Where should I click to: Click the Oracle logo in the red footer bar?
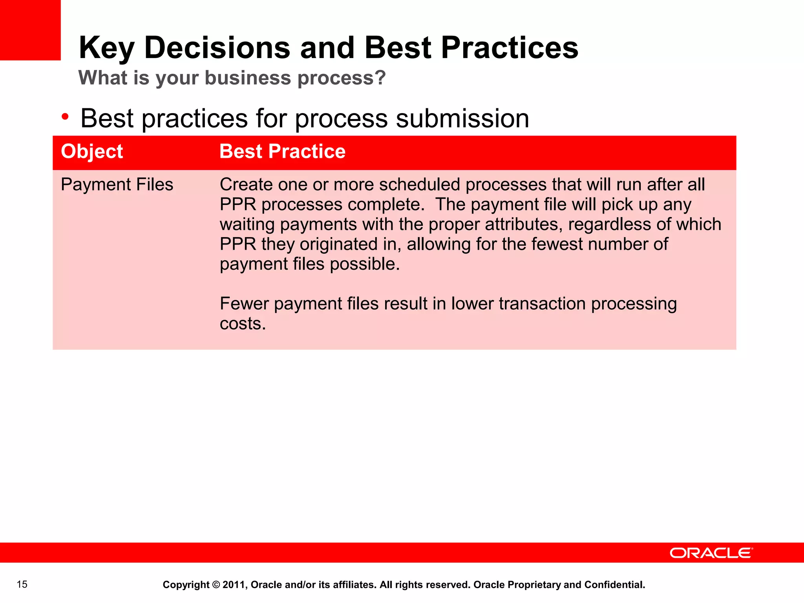coord(711,553)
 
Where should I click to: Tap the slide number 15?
coord(22,585)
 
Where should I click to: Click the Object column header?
coord(92,152)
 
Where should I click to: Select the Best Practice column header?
coord(282,152)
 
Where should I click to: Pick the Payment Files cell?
coord(117,185)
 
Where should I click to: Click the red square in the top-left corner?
coord(30,30)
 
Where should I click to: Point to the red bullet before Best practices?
coord(65,117)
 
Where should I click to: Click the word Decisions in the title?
coord(217,48)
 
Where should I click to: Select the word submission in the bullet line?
coord(462,119)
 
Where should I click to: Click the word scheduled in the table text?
coord(419,185)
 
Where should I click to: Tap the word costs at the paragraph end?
coord(242,324)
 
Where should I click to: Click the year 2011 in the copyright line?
coord(234,585)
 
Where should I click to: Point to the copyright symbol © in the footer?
coord(216,585)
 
